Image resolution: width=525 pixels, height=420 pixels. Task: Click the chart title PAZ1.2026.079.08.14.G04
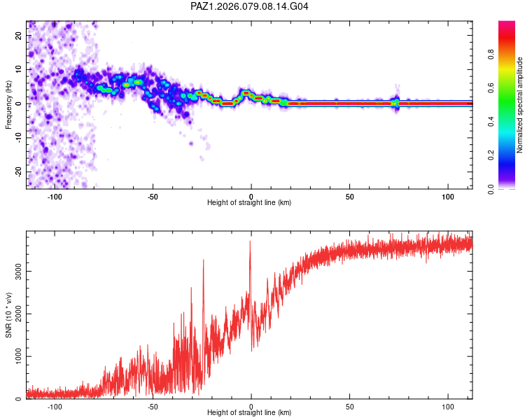click(249, 6)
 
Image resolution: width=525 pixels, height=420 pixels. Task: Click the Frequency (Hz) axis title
click(8, 104)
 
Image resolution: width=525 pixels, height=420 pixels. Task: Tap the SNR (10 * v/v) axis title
click(8, 315)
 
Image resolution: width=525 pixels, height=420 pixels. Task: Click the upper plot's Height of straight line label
click(249, 203)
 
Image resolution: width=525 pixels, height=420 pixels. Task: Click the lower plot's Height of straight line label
click(249, 413)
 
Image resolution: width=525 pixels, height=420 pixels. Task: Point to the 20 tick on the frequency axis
click(19, 36)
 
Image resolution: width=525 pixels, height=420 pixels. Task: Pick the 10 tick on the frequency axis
click(19, 70)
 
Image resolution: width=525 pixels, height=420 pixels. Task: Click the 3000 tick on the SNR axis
click(15, 270)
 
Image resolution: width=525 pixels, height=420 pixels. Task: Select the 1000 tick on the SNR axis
click(15, 356)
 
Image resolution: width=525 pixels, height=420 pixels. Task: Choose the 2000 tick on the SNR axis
click(15, 314)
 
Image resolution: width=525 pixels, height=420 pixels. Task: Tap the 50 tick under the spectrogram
click(349, 196)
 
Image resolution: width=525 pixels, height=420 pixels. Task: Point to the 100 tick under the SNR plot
click(448, 406)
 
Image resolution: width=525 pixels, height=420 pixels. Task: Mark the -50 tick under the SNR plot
click(153, 406)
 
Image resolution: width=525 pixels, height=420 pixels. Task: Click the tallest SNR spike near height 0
click(250, 242)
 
